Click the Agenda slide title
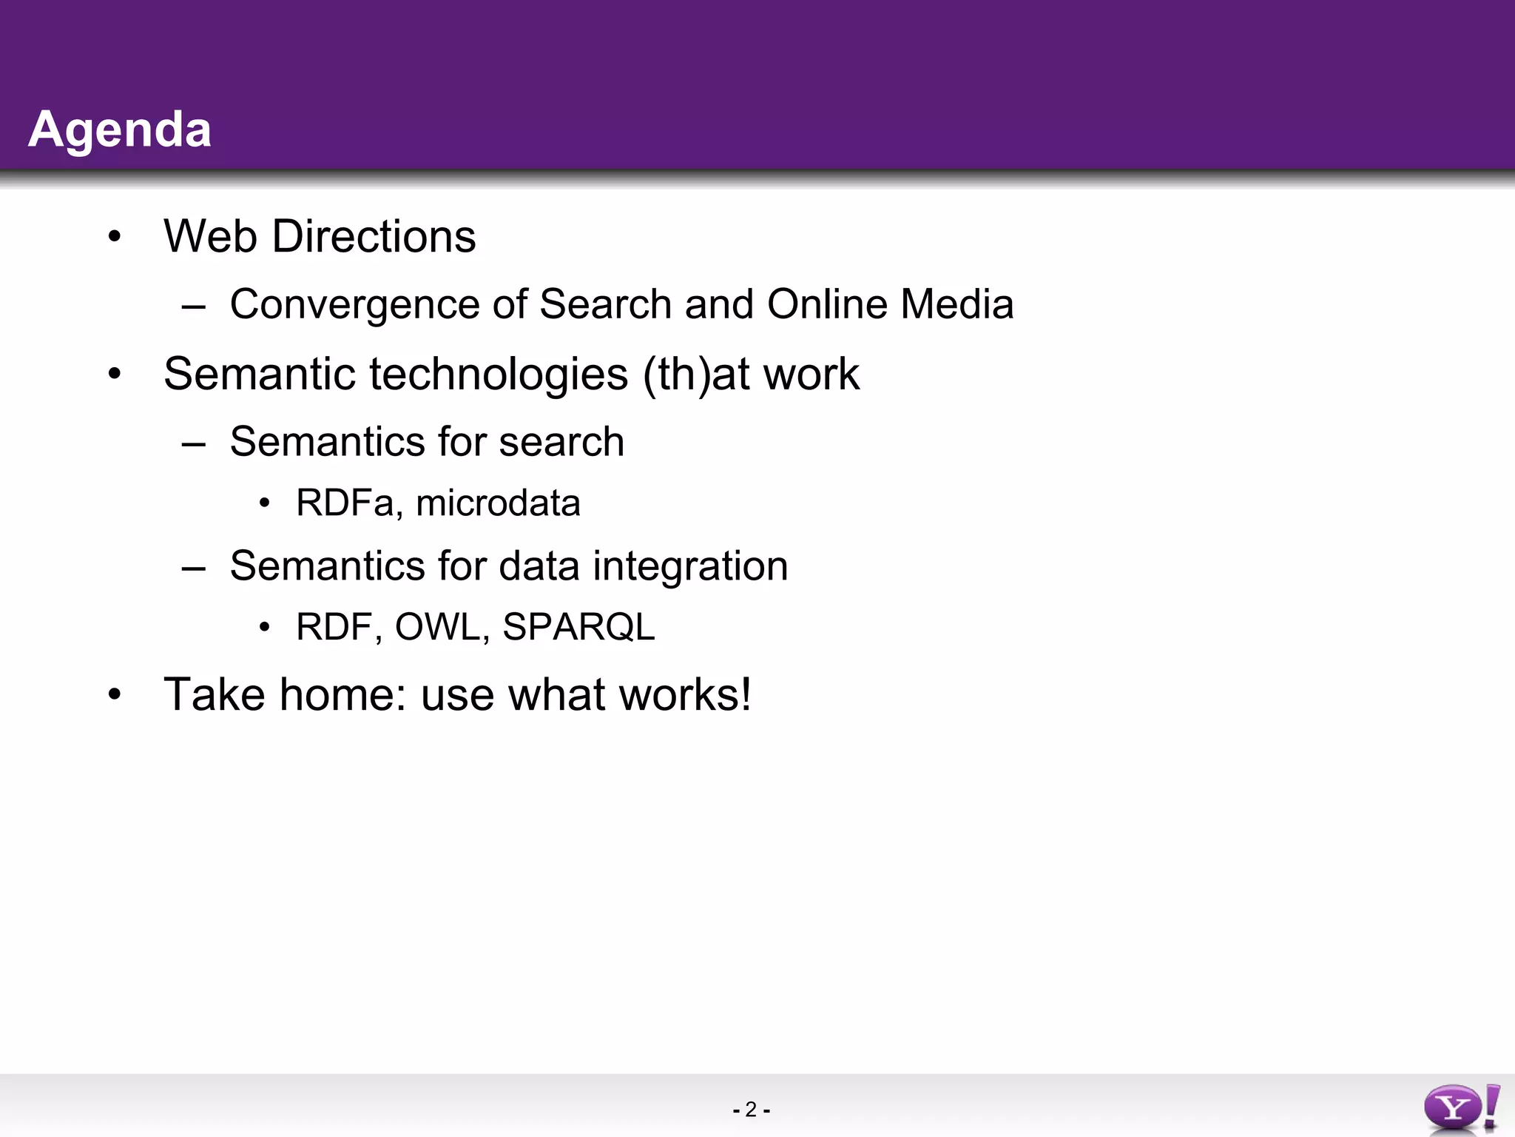coord(120,130)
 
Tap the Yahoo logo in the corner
coord(1461,1108)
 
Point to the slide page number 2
coord(751,1110)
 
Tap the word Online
coord(827,304)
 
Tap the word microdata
coord(498,503)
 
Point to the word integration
coord(690,566)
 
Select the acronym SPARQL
coord(578,627)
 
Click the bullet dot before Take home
coord(114,695)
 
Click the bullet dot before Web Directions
coord(114,238)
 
